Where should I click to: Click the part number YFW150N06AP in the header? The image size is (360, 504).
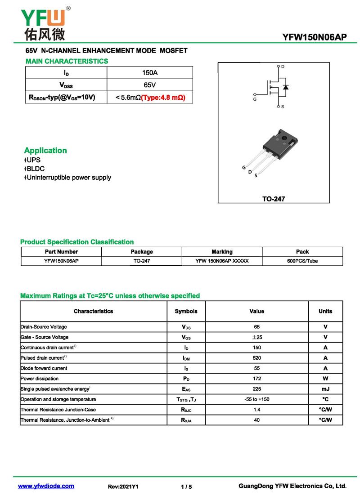pos(315,37)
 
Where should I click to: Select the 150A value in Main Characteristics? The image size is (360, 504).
pos(149,73)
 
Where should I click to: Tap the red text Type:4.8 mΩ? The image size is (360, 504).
pos(163,97)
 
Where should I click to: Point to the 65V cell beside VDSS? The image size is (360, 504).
pos(149,85)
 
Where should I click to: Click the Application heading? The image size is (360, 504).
pos(45,151)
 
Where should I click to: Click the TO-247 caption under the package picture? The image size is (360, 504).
pos(274,199)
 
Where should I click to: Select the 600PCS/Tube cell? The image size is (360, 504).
pos(302,261)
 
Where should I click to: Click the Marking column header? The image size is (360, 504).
pos(222,252)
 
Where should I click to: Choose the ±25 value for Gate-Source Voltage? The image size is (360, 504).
pos(256,337)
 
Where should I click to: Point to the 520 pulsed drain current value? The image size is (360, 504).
pos(256,358)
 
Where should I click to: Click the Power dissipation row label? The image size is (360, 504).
pos(40,379)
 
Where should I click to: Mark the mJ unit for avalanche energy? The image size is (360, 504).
pos(325,389)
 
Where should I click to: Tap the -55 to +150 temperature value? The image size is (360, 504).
pos(256,399)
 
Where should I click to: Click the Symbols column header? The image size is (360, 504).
pos(186,311)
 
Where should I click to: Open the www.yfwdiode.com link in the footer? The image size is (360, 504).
pos(46,486)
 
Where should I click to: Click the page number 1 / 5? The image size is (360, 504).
pos(186,486)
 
